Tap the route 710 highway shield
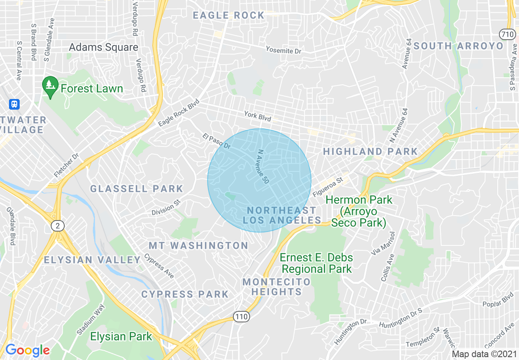click(x=507, y=34)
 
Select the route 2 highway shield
click(x=57, y=225)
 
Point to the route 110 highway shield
click(x=241, y=316)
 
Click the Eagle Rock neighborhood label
click(x=229, y=16)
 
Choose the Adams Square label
click(x=103, y=47)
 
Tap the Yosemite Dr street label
click(x=283, y=50)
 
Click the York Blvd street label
click(x=257, y=116)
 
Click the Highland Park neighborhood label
click(x=370, y=152)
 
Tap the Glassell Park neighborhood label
click(x=137, y=189)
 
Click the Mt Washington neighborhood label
click(x=198, y=245)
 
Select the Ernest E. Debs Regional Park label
click(x=316, y=263)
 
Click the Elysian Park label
click(x=121, y=337)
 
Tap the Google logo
click(x=27, y=350)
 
